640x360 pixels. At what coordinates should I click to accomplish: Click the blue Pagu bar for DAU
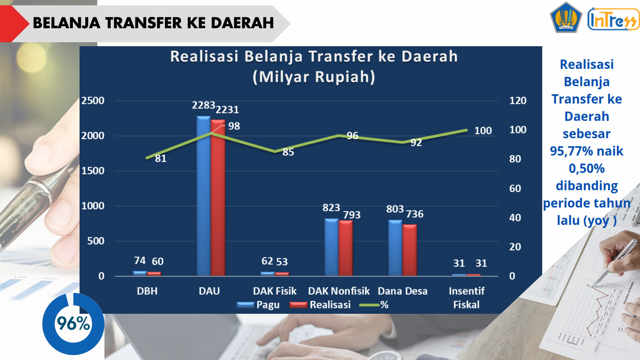[x=204, y=196]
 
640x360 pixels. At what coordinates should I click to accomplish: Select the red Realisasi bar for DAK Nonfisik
[x=345, y=248]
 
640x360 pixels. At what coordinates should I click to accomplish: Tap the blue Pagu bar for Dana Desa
[x=395, y=248]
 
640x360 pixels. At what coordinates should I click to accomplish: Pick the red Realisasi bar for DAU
[x=218, y=198]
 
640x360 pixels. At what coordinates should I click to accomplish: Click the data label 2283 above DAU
[x=204, y=106]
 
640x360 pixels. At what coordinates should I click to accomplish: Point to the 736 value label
[x=414, y=214]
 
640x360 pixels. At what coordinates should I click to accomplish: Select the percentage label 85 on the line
[x=288, y=152]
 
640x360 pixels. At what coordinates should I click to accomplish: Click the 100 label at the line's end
[x=483, y=131]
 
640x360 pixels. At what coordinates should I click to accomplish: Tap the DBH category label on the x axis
[x=147, y=291]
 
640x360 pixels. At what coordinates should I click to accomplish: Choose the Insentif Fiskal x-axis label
[x=466, y=298]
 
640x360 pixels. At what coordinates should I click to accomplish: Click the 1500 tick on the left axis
[x=93, y=171]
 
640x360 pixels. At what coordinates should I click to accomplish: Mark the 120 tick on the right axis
[x=518, y=101]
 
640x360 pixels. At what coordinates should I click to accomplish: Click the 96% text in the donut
[x=73, y=324]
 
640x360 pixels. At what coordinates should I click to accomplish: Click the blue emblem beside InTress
[x=566, y=17]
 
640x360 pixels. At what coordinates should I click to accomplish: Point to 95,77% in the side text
[x=572, y=151]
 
